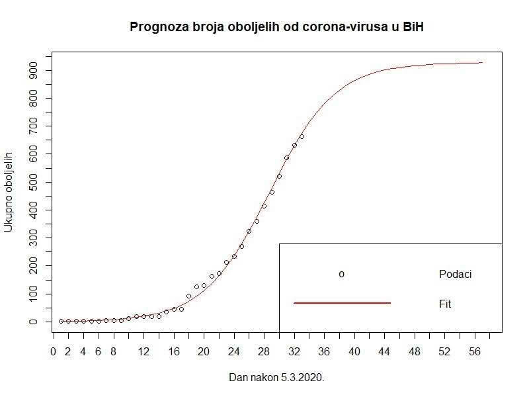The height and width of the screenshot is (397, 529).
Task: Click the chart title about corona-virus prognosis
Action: click(276, 27)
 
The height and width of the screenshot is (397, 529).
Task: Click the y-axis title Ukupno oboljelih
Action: click(9, 192)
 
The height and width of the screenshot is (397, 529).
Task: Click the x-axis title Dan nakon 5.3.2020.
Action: click(276, 378)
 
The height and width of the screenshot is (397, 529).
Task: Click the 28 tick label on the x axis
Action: click(264, 351)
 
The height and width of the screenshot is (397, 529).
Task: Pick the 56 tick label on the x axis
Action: click(474, 351)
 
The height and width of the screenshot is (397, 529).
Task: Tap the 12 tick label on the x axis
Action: click(143, 351)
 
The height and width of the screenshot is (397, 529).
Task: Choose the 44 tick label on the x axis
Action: click(384, 351)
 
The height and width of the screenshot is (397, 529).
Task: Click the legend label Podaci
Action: click(455, 274)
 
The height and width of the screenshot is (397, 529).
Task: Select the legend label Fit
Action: click(445, 304)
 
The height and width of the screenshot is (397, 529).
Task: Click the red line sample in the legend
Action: click(342, 303)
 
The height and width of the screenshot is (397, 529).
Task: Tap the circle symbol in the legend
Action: click(341, 274)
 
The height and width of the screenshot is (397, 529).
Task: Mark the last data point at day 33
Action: click(302, 137)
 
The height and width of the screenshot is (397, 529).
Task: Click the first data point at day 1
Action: click(61, 321)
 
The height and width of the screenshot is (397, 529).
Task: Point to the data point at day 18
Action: click(188, 296)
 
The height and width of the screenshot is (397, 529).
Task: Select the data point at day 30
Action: click(279, 176)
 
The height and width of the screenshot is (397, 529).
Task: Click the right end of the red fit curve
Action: click(482, 63)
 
